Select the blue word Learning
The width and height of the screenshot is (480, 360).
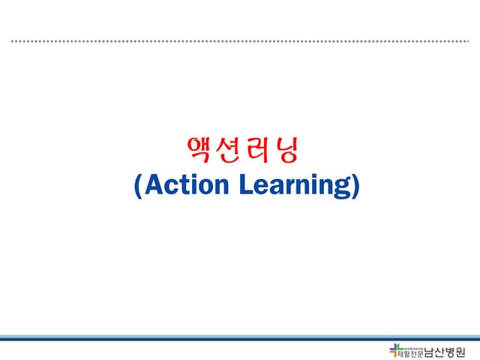coord(295,186)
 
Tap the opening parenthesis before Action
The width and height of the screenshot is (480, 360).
coord(137,186)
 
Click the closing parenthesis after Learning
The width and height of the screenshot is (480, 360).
coord(355,186)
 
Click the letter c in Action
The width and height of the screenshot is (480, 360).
coord(166,186)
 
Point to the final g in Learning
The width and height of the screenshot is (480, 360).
coord(343,188)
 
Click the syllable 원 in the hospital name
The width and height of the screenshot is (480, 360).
coord(469,351)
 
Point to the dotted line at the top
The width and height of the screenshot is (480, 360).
coord(240,41)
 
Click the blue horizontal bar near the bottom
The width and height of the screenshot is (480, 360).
coord(240,337)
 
